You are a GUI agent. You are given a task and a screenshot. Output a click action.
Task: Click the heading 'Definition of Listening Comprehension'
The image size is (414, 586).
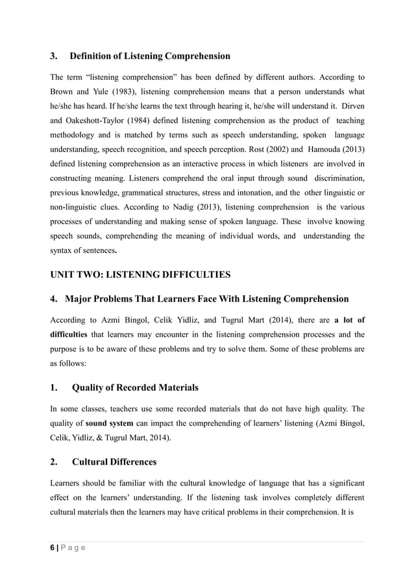(x=150, y=56)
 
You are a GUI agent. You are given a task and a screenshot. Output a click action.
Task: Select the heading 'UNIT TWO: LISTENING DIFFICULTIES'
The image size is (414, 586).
(x=140, y=275)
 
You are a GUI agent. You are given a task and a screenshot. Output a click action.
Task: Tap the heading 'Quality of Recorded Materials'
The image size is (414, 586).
(x=135, y=387)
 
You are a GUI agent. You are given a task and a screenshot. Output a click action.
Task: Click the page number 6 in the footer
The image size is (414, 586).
(x=52, y=547)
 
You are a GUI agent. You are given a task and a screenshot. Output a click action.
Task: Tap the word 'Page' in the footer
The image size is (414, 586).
(x=73, y=547)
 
